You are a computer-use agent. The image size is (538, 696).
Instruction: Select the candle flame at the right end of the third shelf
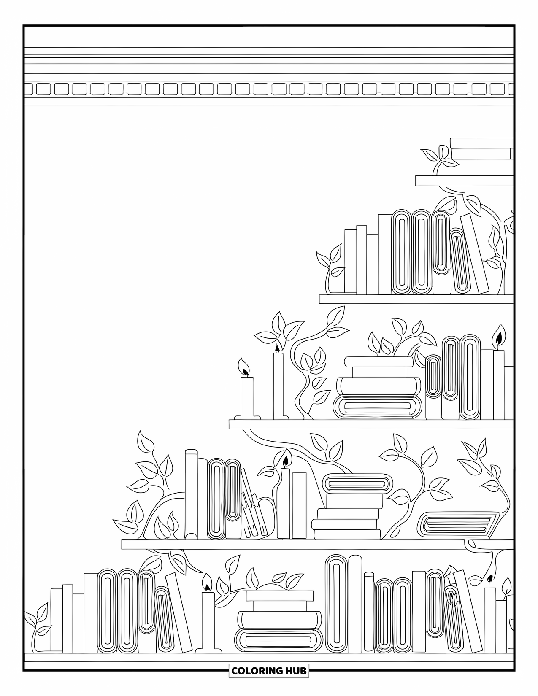pyautogui.click(x=499, y=337)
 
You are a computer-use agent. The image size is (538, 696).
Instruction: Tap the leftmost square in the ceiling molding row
pyautogui.click(x=29, y=89)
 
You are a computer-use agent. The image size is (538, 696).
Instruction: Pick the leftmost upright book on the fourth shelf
pyautogui.click(x=191, y=494)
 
